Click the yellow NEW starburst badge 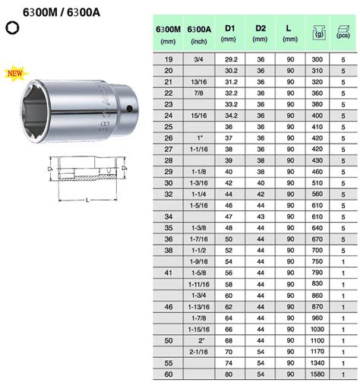(x=16, y=74)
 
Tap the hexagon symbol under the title (x=12, y=28)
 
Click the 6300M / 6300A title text (x=62, y=12)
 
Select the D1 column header (x=229, y=33)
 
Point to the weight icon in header (x=319, y=33)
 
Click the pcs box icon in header (x=343, y=32)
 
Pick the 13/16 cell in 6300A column (x=199, y=82)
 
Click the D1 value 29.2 (x=231, y=59)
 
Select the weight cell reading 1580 (x=317, y=374)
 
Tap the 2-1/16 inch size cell (x=199, y=352)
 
